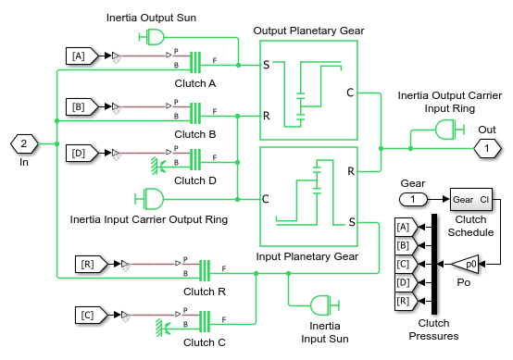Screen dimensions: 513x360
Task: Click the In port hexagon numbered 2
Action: [24, 143]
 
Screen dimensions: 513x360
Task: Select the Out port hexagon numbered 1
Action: [487, 148]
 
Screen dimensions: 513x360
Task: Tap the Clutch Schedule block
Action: [471, 200]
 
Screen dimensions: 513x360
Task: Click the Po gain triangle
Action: [465, 264]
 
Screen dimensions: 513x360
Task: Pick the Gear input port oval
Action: [413, 199]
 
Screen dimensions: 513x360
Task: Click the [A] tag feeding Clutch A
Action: [81, 56]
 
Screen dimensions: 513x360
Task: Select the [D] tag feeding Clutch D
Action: [81, 153]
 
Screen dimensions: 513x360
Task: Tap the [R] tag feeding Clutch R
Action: [91, 264]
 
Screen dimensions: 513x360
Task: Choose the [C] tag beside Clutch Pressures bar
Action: [407, 264]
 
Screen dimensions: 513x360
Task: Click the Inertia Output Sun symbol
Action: [152, 37]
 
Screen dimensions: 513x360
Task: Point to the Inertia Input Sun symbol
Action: [324, 305]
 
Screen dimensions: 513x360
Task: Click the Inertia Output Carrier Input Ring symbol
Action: [450, 130]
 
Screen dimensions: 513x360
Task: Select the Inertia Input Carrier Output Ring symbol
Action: [149, 199]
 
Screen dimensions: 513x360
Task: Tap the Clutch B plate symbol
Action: [195, 114]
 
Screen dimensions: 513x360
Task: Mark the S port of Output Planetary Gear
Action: [267, 65]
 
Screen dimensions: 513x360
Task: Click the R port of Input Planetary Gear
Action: [351, 171]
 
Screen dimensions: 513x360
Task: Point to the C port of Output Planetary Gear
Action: [350, 93]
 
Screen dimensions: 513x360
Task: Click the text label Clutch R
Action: [205, 292]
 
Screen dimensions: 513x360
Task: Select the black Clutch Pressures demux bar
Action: [434, 264]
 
